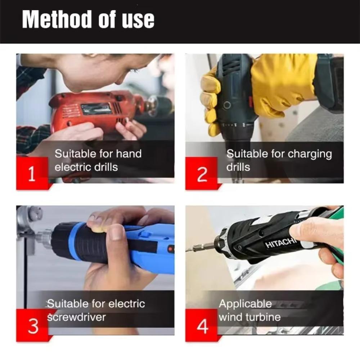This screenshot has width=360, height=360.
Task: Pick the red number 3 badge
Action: (33, 326)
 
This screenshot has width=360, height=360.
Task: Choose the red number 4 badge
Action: (202, 326)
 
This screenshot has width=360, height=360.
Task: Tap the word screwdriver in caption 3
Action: (76, 317)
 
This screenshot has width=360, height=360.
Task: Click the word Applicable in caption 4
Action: (245, 304)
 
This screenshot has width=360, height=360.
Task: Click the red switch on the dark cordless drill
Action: (251, 102)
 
